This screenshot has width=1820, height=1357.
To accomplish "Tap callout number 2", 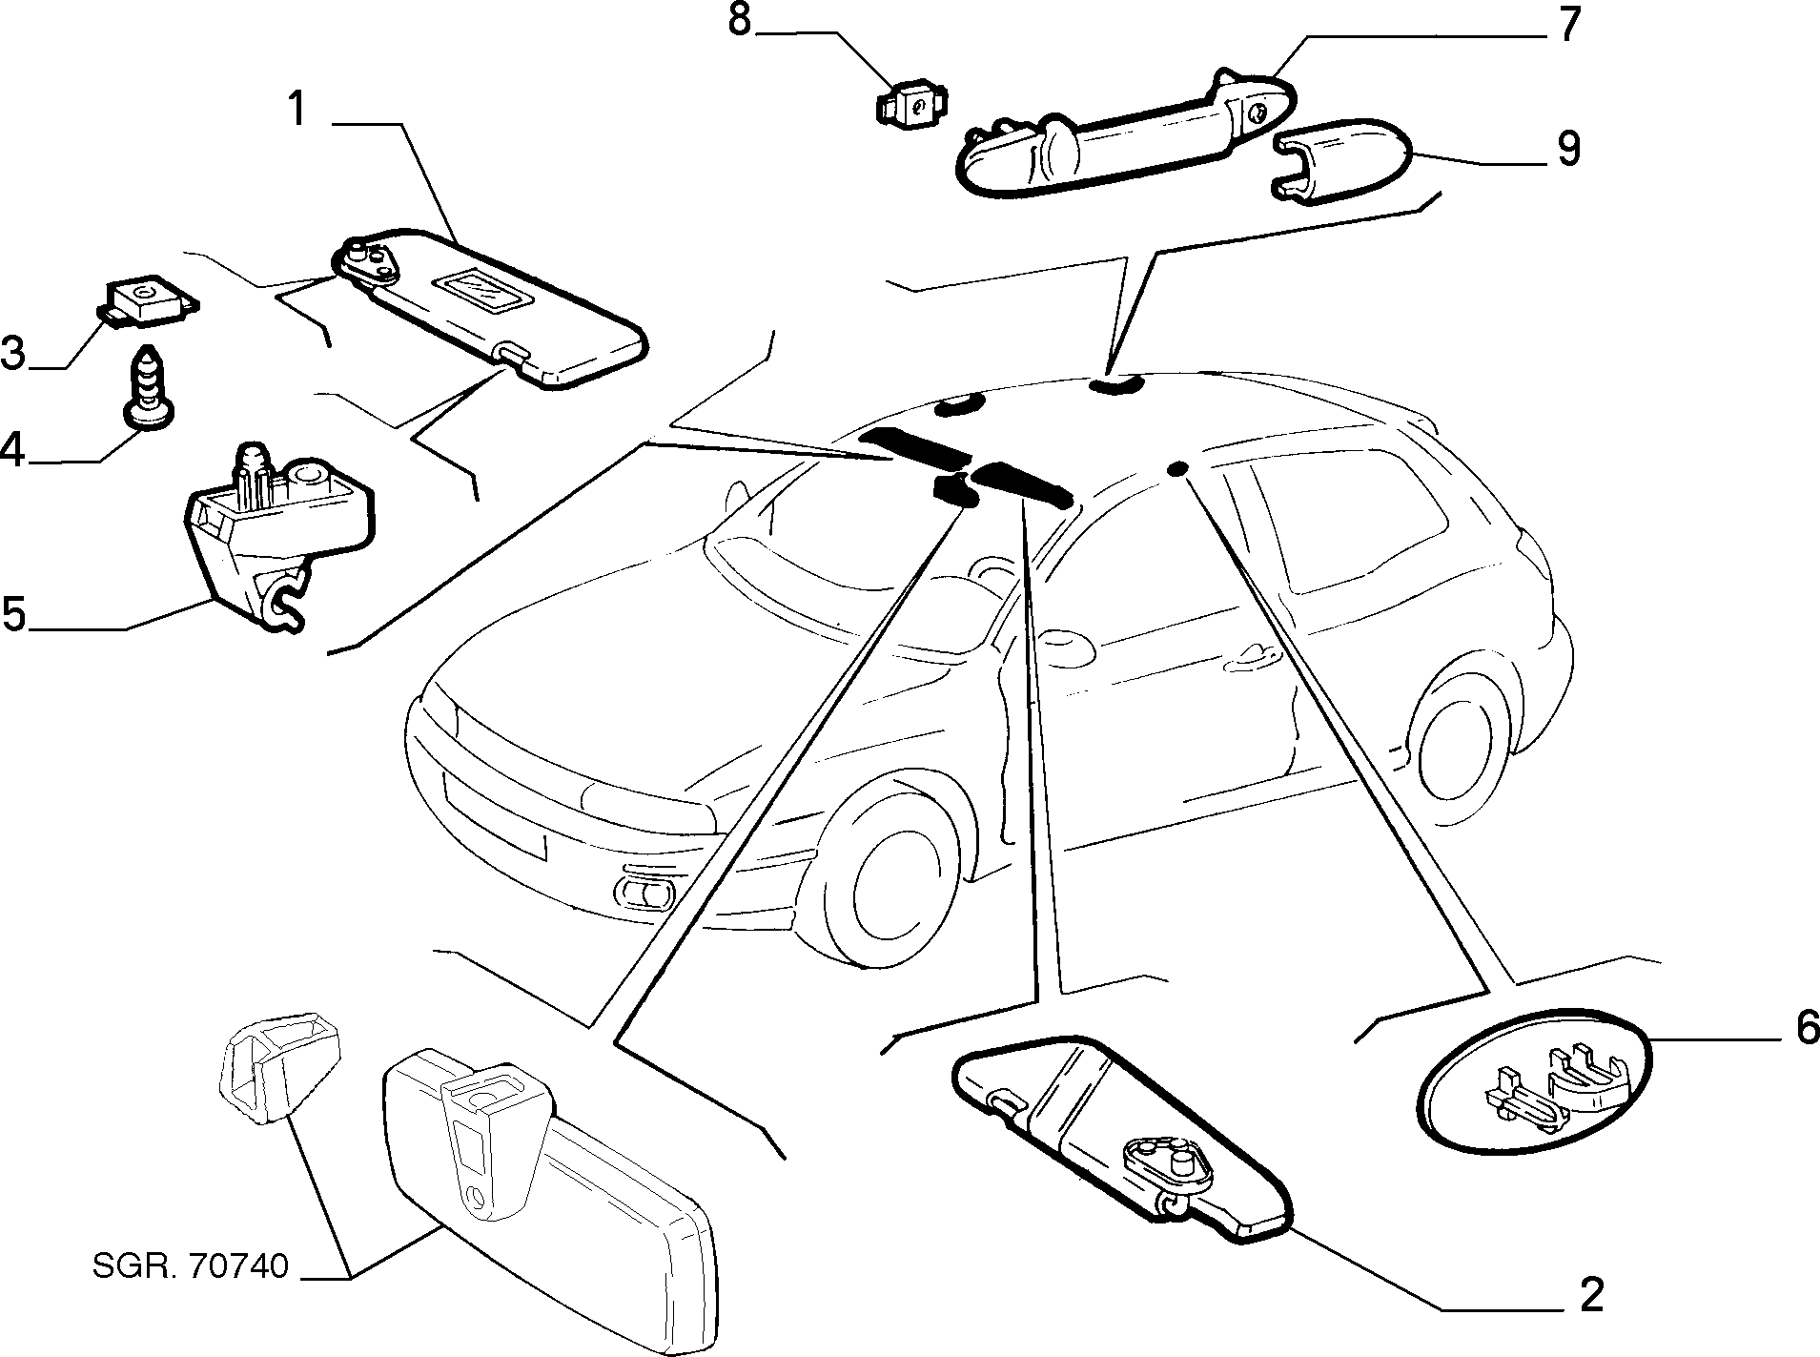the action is [x=1590, y=1295].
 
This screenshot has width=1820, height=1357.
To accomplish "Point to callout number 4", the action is [x=13, y=450].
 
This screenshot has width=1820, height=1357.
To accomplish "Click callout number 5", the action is [x=14, y=613].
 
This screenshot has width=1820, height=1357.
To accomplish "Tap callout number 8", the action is [x=740, y=21].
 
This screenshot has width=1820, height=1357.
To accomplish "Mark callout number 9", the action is [x=1567, y=148].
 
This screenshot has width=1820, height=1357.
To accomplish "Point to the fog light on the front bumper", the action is [x=645, y=893].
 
